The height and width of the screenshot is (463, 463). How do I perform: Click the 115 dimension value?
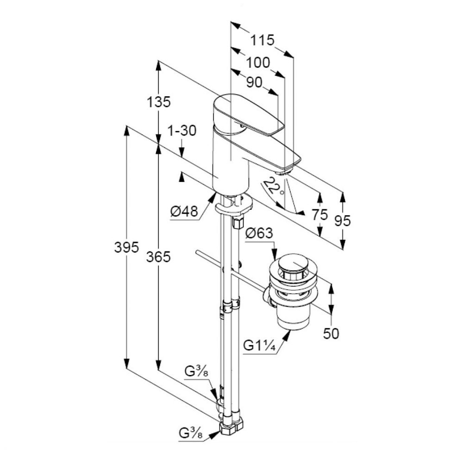coord(263,40)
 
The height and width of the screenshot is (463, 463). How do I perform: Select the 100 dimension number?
coord(258,63)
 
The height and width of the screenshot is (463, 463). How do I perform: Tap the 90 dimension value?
coord(254,83)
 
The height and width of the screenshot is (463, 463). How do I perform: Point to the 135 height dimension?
coord(159,102)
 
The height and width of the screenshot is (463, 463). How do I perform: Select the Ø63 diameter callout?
coord(259,233)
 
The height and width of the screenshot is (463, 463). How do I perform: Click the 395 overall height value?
coord(127,247)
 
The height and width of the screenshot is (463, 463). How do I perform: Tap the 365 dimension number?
coord(159,257)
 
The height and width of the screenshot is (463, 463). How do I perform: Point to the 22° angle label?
coord(274,187)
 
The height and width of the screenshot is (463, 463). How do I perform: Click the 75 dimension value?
coord(320,215)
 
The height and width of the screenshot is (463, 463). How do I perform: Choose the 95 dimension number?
coord(343,220)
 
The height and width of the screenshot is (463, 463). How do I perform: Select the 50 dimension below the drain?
coord(331,334)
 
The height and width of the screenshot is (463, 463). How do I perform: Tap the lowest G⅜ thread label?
coord(191,433)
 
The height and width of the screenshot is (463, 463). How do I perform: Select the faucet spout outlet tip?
coord(283,172)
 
